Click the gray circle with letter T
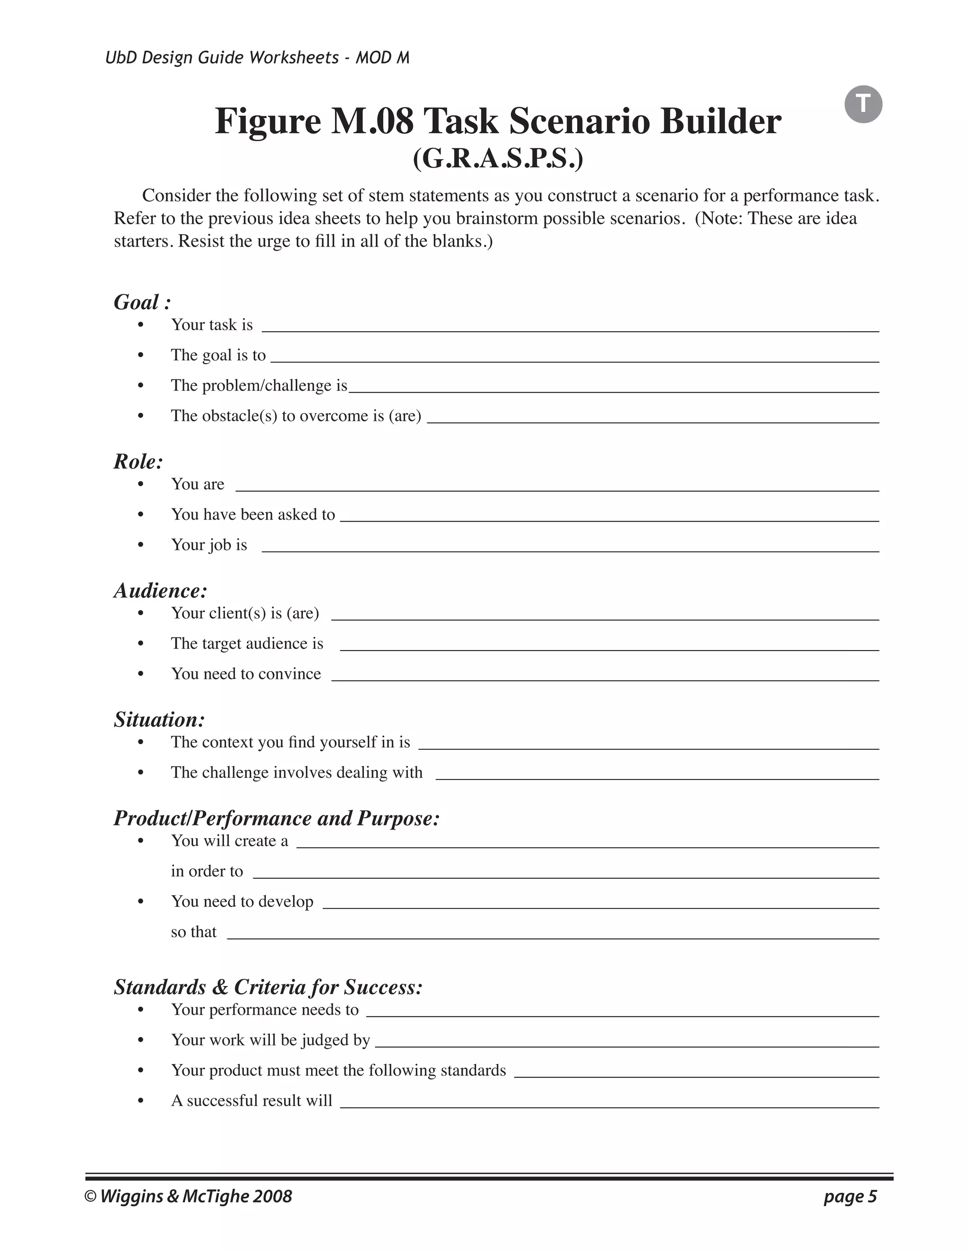point(863,104)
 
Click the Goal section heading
point(142,302)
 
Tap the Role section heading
point(138,462)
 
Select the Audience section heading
point(160,591)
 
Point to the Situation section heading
point(159,720)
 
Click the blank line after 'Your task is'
point(570,327)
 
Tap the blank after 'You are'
point(557,487)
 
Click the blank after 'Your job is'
point(570,548)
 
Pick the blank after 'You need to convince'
point(605,677)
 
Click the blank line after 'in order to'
point(565,874)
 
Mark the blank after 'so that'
point(553,935)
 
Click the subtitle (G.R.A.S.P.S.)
point(498,159)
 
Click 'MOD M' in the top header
point(382,58)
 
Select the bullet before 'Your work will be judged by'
point(140,1040)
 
